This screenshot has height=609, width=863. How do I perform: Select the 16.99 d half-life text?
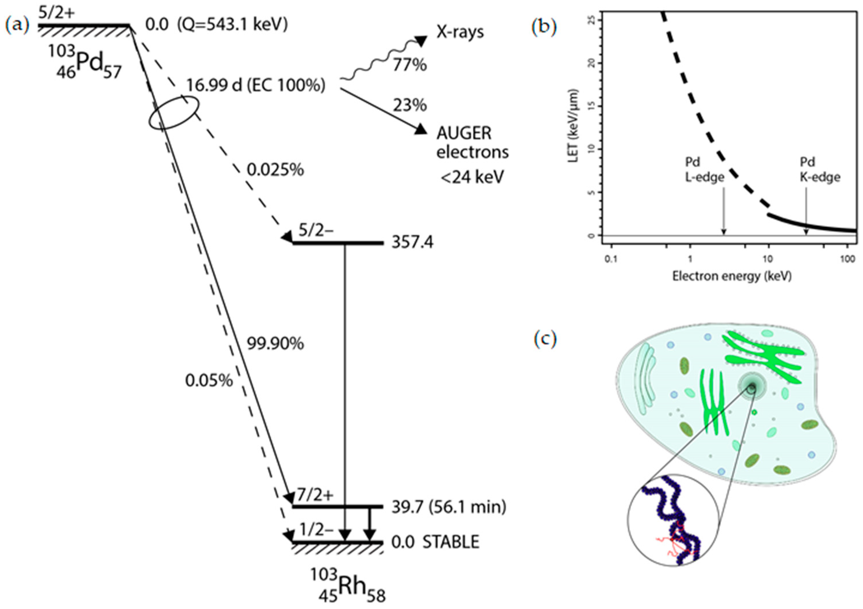coord(208,86)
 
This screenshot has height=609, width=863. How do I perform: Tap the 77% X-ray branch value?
coord(410,65)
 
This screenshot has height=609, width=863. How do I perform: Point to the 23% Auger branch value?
coord(410,105)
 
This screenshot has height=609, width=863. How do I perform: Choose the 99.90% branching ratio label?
coord(275,344)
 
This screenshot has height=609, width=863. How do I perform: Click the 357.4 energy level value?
coord(412,242)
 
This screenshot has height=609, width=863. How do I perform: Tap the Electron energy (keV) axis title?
coord(732,277)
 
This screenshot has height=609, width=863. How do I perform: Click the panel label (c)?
coord(545,339)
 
